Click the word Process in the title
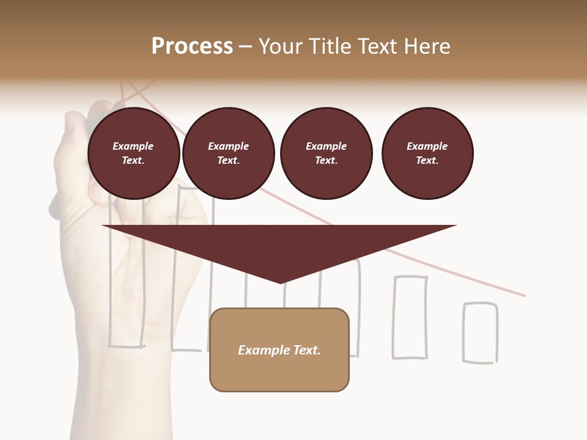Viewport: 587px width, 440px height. click(192, 46)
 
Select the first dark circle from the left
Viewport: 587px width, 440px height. click(133, 153)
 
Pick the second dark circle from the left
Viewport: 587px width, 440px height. click(228, 153)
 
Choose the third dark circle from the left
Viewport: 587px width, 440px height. click(326, 153)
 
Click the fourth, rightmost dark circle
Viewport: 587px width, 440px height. click(427, 153)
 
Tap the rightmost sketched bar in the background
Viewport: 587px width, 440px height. click(480, 333)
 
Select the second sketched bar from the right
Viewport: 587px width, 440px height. click(410, 317)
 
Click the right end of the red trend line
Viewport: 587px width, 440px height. click(523, 295)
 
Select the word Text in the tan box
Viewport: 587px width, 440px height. click(306, 350)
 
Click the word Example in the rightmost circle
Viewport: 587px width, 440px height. click(427, 146)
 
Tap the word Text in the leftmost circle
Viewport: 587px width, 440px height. click(133, 161)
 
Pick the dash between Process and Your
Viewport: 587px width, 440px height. click(246, 46)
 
